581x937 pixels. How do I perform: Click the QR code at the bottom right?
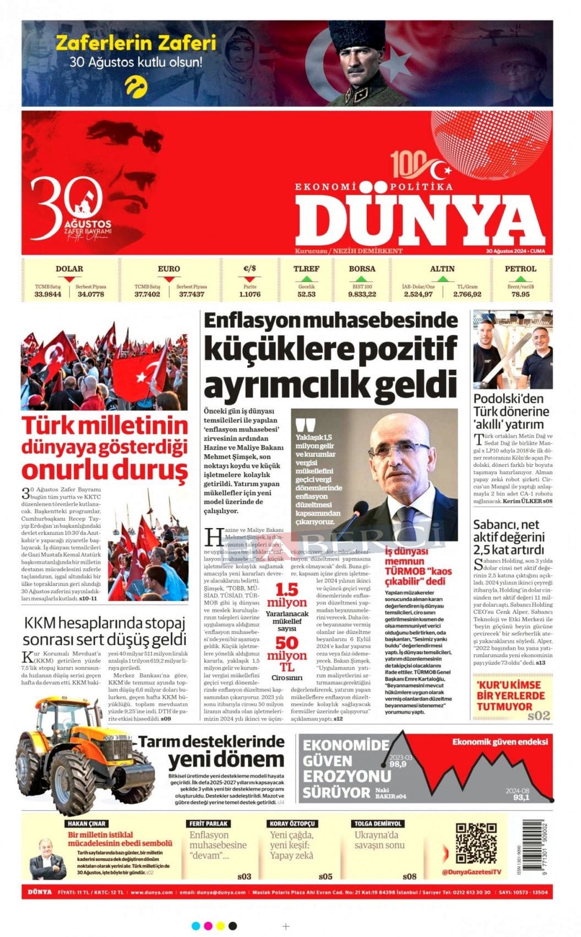(476, 843)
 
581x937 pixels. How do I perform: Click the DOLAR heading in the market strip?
(69, 269)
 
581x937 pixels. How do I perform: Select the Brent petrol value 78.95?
(520, 294)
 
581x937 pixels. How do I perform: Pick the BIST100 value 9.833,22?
(362, 294)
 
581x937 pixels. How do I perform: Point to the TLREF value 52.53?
(306, 294)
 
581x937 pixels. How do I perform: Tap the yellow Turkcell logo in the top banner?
(135, 85)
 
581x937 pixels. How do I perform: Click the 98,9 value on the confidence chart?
(398, 764)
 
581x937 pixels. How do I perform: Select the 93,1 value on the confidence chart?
(521, 798)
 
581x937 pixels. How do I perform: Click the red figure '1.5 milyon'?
(287, 596)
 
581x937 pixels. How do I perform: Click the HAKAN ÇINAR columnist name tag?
(86, 823)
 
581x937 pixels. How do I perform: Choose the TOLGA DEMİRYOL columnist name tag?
(378, 823)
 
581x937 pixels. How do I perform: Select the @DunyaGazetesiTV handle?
(473, 871)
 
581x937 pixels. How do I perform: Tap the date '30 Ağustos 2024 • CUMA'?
(515, 251)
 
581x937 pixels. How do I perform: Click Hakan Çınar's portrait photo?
(47, 858)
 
